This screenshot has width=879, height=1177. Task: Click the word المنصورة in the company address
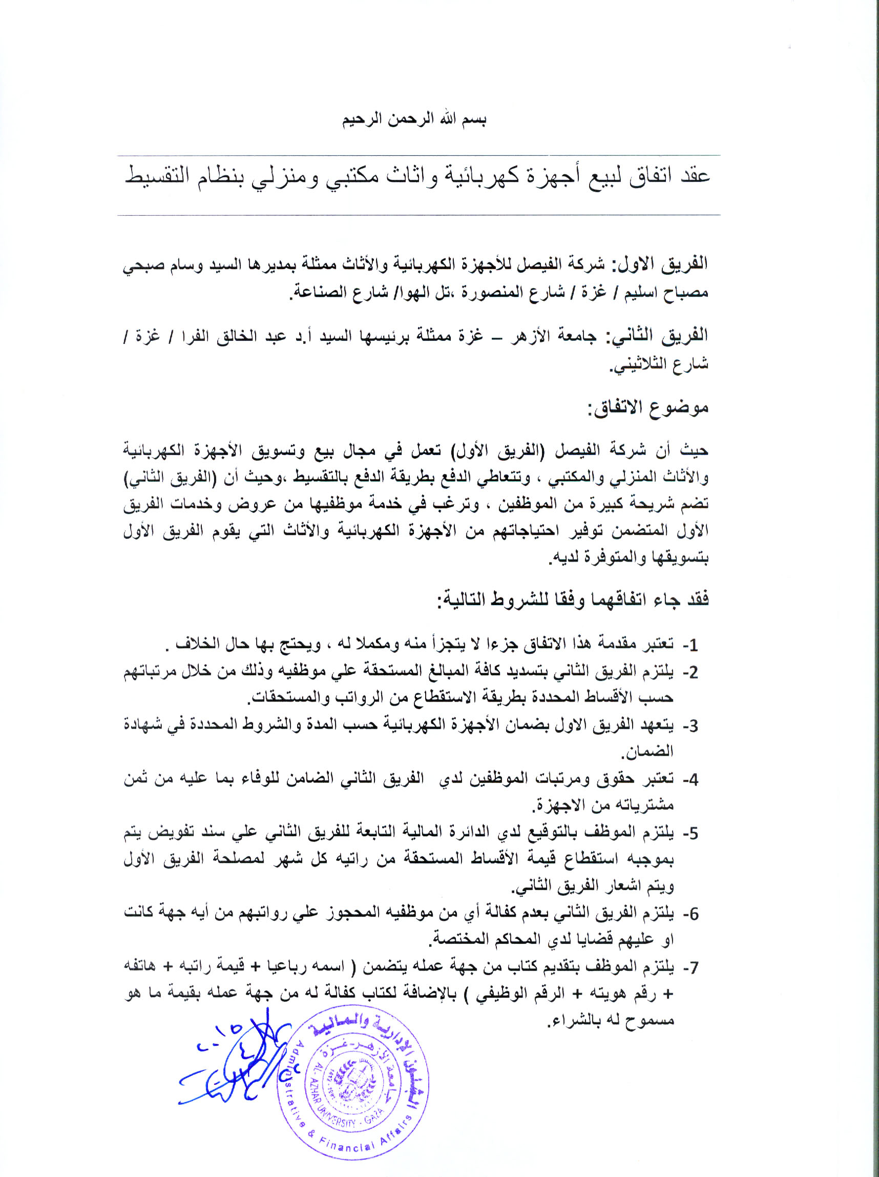tap(491, 293)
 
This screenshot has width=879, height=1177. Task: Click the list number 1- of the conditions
tap(690, 646)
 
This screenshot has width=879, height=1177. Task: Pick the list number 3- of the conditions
tap(690, 726)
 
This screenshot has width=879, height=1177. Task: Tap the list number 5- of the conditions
tap(690, 833)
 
